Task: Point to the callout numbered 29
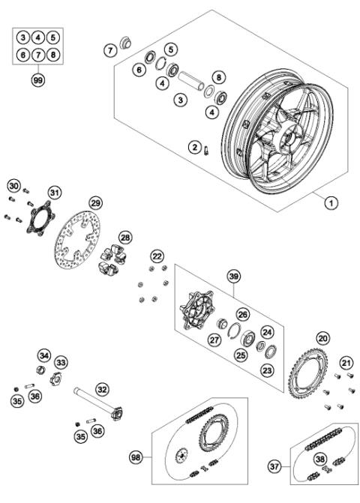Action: point(95,203)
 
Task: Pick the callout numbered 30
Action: point(13,185)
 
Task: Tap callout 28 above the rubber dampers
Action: point(125,237)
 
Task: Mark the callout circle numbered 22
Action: point(156,257)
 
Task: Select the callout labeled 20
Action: point(322,338)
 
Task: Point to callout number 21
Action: point(346,363)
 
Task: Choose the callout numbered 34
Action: point(44,355)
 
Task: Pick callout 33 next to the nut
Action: point(61,362)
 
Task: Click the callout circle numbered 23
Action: point(268,368)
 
